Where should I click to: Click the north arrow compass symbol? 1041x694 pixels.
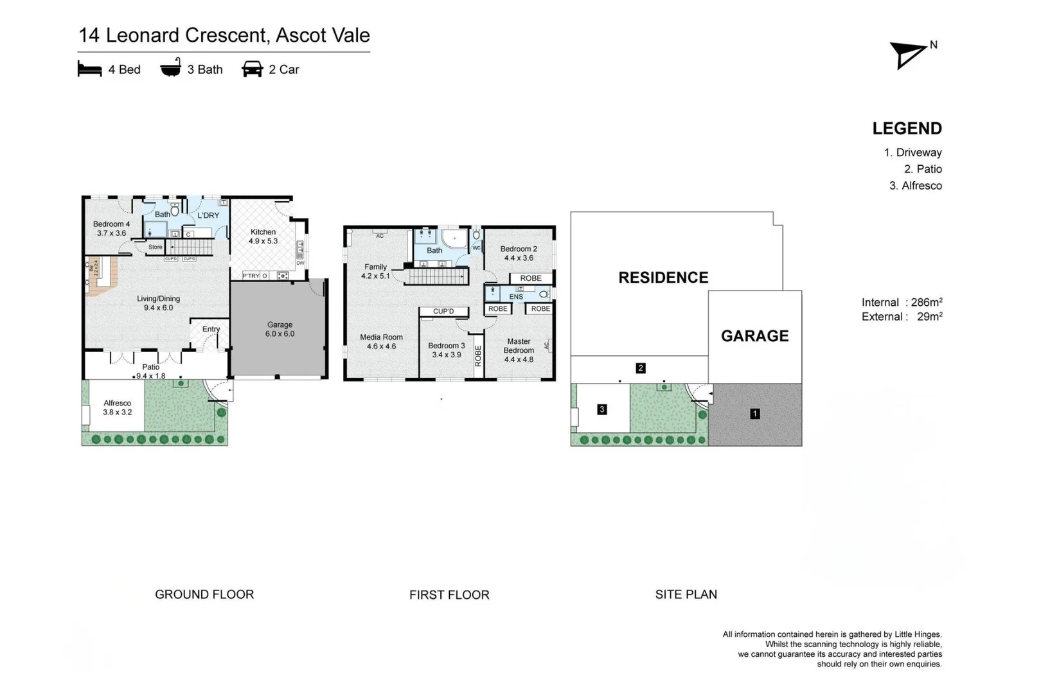tap(908, 55)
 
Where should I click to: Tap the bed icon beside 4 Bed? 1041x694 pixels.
tap(89, 69)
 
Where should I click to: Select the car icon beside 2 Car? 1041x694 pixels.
tap(252, 69)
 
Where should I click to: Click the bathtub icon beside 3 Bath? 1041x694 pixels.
tap(170, 68)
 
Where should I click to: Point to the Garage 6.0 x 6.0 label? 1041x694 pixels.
tap(280, 329)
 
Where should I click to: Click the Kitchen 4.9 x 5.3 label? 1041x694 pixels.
tap(263, 236)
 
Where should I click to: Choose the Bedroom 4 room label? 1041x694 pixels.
tap(111, 229)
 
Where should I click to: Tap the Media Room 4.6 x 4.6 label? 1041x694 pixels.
tap(381, 341)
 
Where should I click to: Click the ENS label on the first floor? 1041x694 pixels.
tap(516, 297)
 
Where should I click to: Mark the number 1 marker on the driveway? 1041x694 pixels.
tap(755, 414)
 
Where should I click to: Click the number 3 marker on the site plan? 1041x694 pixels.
tap(601, 409)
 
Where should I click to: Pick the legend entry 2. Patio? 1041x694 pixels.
tap(923, 169)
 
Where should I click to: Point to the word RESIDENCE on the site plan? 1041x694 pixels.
tap(663, 278)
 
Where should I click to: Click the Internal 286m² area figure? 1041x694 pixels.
tap(902, 302)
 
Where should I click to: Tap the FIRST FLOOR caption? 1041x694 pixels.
tap(449, 595)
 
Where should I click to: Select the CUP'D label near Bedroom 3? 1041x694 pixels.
tap(443, 312)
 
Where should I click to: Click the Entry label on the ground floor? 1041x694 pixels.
tap(211, 329)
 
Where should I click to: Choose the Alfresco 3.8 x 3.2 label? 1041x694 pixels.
tap(117, 407)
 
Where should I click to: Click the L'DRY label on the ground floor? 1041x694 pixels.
tap(208, 215)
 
